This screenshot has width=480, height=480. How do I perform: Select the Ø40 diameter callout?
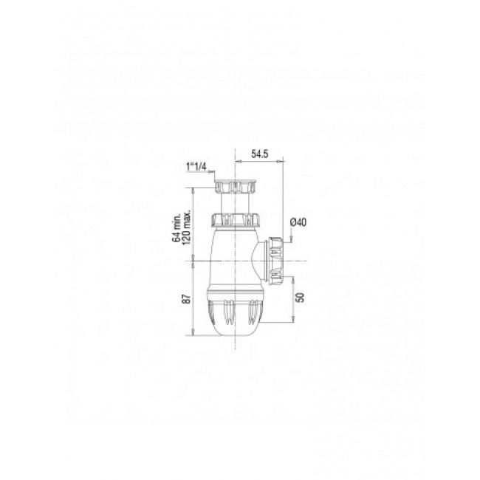(x=299, y=222)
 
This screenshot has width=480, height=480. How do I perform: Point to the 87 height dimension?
(x=187, y=299)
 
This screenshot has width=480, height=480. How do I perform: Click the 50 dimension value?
(x=298, y=298)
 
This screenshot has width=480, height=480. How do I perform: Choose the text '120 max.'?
(x=188, y=226)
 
